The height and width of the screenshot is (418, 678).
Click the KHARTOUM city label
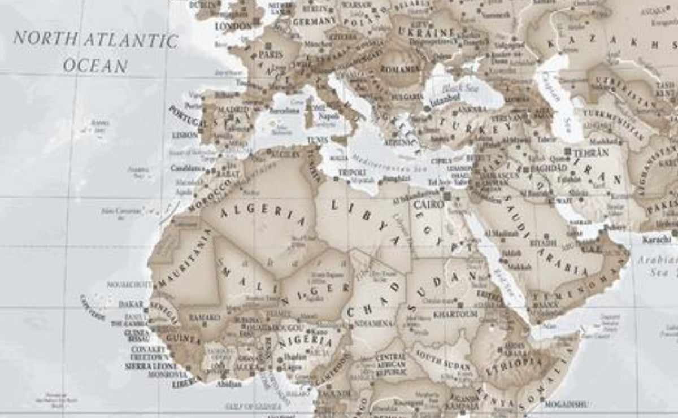pyautogui.click(x=455, y=313)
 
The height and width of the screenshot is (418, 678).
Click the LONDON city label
pyautogui.click(x=233, y=26)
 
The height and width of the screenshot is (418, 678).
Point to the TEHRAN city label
pyautogui.click(x=591, y=153)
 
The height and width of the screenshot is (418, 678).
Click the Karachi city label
pyautogui.click(x=657, y=239)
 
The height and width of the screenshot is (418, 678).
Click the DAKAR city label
pyautogui.click(x=131, y=304)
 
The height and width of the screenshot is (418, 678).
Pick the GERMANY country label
pyautogui.click(x=315, y=21)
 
